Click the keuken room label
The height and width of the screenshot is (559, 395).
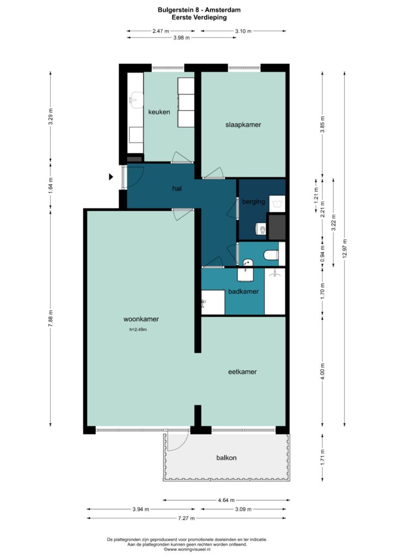pos(159,112)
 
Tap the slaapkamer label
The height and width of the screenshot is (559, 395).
pos(243,125)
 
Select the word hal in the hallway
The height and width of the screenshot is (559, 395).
pos(177,188)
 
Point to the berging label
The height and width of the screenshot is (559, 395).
pos(254,202)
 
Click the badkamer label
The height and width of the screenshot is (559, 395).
pos(243,292)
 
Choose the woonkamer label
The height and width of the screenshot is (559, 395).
pos(141,319)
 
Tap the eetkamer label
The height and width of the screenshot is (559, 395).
pos(242,372)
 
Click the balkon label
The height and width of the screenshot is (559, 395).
pos(226,458)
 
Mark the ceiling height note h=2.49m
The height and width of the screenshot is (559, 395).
pos(138,330)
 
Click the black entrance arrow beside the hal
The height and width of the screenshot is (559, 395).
pos(111,176)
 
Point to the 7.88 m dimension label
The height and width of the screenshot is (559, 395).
pos(50,318)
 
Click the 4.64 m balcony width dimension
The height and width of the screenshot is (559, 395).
pos(226,500)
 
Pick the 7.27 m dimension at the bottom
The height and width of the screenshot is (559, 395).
pos(186,518)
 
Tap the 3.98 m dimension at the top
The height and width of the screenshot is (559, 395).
pos(182,38)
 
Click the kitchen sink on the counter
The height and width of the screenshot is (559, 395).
pos(136,100)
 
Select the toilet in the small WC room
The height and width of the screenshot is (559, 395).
pos(271,254)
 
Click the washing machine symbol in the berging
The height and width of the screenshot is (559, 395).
pos(277,204)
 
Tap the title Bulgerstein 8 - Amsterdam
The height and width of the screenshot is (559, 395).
pos(199,10)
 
